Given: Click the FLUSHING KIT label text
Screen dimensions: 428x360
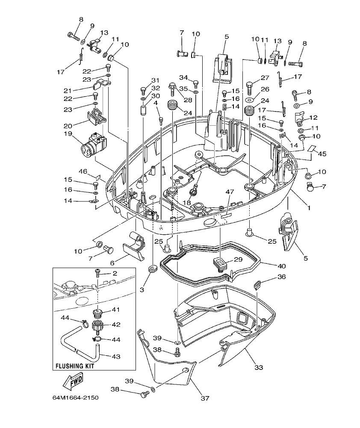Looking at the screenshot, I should [x=74, y=366].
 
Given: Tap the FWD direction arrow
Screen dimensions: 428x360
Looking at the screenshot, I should [x=71, y=380].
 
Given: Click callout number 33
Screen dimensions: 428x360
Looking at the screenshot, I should [x=259, y=367].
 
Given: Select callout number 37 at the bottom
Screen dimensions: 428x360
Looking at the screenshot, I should [x=205, y=398].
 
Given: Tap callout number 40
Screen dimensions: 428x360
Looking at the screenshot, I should [x=269, y=266].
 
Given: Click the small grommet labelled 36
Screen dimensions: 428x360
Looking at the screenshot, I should [x=257, y=283].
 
